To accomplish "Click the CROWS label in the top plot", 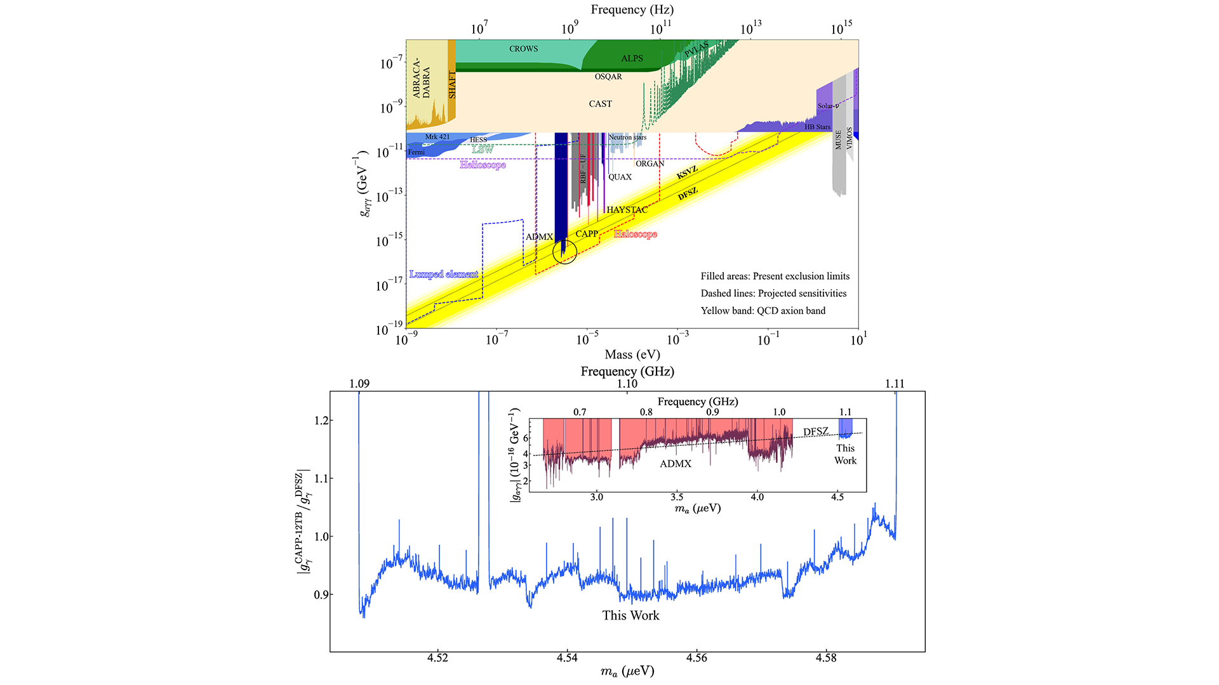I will (523, 49).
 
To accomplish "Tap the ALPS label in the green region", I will (632, 58).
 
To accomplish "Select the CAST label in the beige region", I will (600, 104).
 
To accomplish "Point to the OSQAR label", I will (608, 77).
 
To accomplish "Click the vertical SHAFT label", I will (452, 84).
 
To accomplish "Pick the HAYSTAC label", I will (627, 210).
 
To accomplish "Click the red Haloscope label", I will (635, 234).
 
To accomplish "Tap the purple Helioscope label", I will (483, 165).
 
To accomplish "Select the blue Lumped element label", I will (443, 274).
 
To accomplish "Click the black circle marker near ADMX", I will (564, 252).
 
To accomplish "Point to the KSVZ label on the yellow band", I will (687, 173).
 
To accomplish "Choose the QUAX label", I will (620, 177).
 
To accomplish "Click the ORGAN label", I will (649, 164).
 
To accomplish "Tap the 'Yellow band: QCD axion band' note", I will (763, 311).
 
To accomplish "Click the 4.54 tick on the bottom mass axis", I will (567, 658).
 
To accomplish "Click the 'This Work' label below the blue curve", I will (630, 615).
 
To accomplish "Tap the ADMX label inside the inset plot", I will (675, 464).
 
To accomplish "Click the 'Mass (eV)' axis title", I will (632, 355).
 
